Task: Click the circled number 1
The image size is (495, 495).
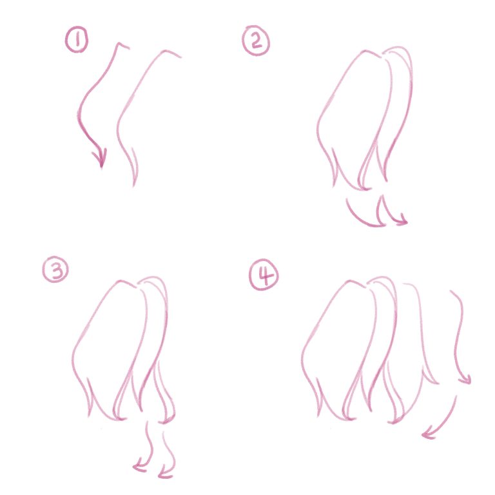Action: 77,39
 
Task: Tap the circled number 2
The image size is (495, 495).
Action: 256,41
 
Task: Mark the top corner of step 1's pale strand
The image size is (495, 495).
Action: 166,51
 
